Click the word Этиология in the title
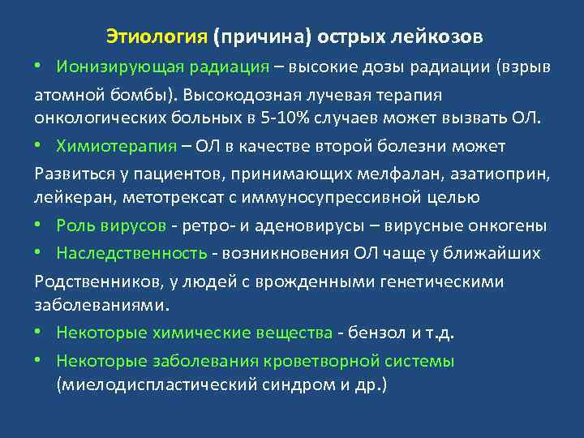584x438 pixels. [x=157, y=37]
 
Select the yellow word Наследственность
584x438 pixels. [x=131, y=253]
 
